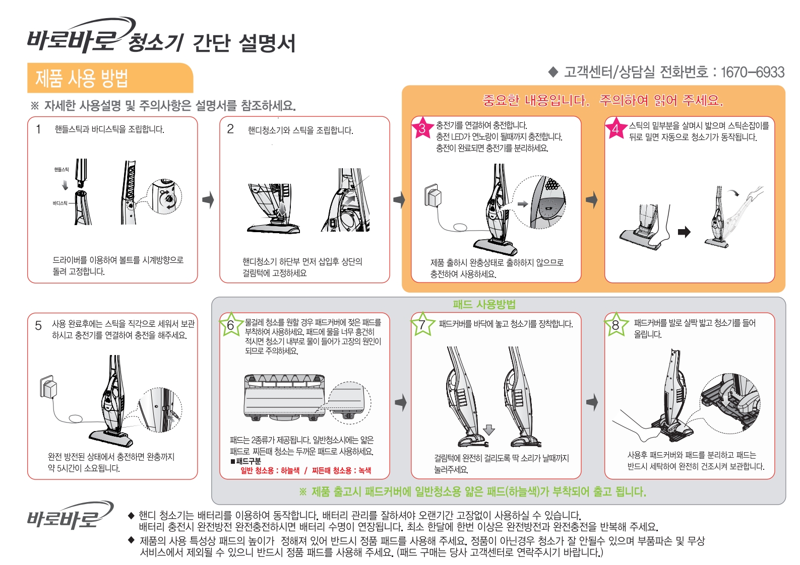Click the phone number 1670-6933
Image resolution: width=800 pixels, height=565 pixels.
click(x=753, y=73)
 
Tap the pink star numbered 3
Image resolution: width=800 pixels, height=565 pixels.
click(x=422, y=128)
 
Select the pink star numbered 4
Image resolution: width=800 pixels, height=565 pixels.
click(x=616, y=128)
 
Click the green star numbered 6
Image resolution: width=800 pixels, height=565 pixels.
click(x=231, y=325)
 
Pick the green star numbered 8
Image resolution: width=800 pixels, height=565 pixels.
click(x=616, y=324)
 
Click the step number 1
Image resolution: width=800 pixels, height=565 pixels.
click(x=39, y=129)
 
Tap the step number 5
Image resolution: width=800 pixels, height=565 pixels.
click(x=38, y=326)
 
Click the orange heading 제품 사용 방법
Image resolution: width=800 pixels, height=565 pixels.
click(x=82, y=78)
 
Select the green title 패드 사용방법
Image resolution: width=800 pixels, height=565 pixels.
click(x=484, y=304)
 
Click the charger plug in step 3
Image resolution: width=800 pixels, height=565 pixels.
click(x=433, y=195)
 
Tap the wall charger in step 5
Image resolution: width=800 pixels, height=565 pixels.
click(x=48, y=387)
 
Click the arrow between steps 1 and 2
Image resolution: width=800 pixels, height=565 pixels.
click(x=208, y=200)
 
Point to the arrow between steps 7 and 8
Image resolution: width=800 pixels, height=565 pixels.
click(x=592, y=402)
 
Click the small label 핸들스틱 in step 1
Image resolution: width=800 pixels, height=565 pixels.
click(x=61, y=169)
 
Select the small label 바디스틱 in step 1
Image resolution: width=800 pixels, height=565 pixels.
click(x=60, y=203)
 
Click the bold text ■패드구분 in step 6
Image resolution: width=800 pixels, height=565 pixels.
click(x=245, y=461)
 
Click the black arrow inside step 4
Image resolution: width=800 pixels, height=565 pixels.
click(x=684, y=232)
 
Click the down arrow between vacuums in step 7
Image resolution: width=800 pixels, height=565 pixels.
click(x=489, y=430)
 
